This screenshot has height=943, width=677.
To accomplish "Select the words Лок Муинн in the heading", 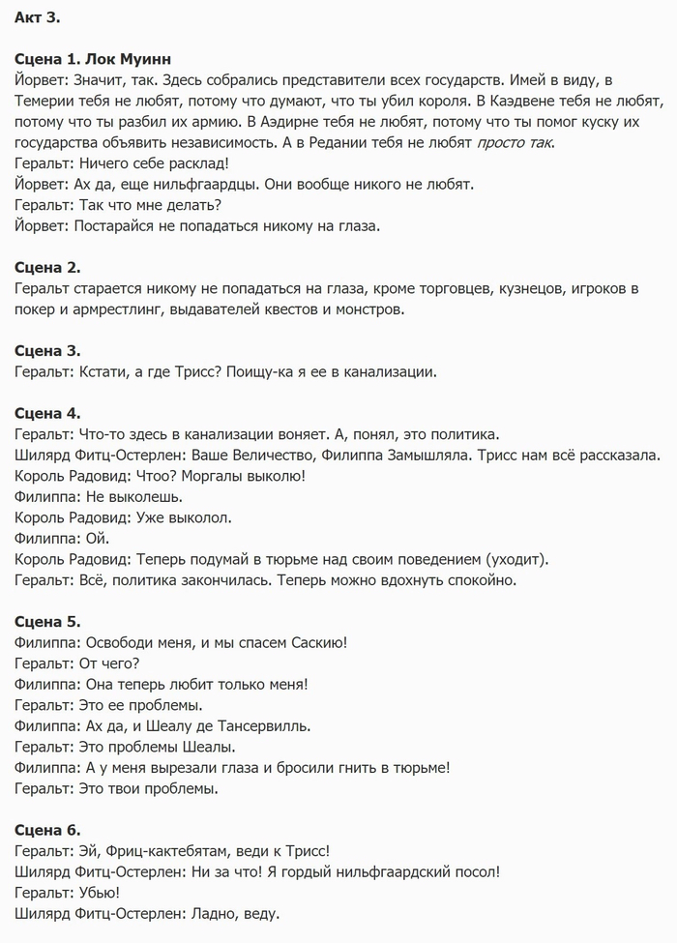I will coord(131,59).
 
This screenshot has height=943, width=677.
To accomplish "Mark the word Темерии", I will coord(48,101).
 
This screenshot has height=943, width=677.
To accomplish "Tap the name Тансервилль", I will coord(259,725).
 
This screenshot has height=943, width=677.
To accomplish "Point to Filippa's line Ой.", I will coord(98,538).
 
